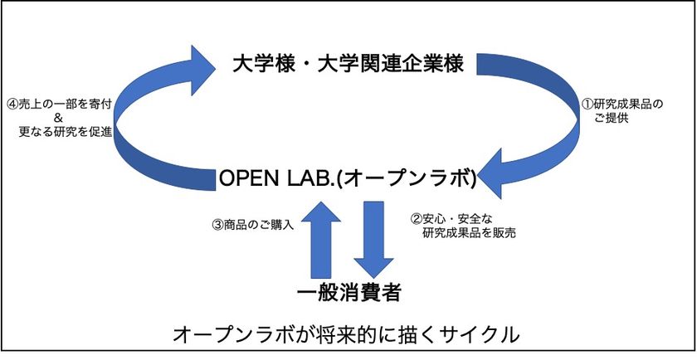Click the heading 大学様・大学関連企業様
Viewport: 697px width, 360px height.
348,64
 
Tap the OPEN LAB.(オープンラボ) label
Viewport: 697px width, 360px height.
348,178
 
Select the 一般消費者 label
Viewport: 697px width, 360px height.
348,293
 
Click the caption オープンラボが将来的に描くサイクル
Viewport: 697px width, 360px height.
345,334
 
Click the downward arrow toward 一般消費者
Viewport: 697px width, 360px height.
374,240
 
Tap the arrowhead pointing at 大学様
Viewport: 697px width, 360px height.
203,71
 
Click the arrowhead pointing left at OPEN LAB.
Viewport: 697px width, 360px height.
491,173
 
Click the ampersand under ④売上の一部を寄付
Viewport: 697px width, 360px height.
60,119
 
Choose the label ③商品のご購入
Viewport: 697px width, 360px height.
253,225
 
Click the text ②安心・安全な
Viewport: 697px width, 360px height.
451,219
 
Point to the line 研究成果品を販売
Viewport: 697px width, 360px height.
469,233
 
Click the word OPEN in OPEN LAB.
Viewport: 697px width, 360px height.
247,179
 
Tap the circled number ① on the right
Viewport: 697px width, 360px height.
587,105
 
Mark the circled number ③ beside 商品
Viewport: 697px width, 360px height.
218,225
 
